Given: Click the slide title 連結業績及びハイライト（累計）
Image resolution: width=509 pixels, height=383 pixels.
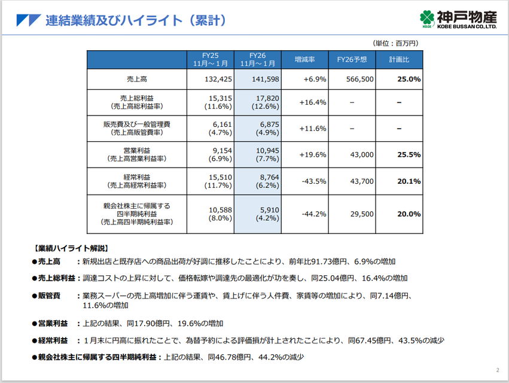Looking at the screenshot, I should (136, 20).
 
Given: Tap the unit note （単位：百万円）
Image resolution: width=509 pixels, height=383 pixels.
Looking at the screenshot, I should (396, 43).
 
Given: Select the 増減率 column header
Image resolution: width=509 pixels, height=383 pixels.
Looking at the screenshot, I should (304, 60).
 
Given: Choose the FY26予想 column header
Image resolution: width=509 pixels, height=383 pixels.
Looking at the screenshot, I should (352, 60).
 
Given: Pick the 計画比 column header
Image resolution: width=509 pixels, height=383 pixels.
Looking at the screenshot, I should (399, 60).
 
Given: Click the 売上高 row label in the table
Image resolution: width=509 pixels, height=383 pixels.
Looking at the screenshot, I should (136, 79).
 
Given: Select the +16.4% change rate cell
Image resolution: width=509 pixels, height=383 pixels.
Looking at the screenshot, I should (314, 102).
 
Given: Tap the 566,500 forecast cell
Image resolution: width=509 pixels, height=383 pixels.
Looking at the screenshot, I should (360, 79).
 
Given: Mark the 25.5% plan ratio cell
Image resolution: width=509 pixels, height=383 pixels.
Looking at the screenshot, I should (409, 154).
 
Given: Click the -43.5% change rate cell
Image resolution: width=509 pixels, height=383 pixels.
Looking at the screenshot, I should (314, 181).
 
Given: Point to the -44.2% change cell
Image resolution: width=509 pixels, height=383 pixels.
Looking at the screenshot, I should (314, 214).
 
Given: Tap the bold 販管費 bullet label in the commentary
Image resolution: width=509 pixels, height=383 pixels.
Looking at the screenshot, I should (50, 296).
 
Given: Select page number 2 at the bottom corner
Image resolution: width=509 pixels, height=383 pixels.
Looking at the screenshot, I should (498, 369).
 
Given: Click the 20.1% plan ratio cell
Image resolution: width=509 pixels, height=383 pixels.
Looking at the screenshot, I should (409, 181).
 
